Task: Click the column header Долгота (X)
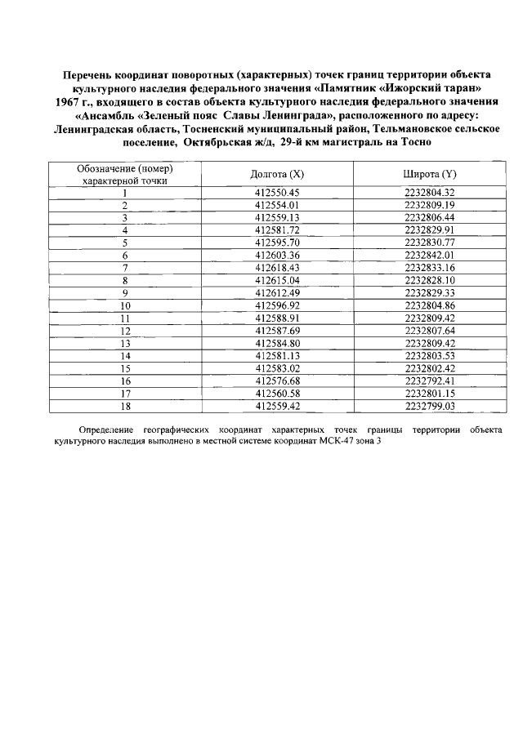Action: [277, 175]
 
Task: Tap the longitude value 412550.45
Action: [278, 193]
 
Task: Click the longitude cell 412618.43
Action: [278, 268]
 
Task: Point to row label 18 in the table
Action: [125, 405]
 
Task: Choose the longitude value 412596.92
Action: [278, 305]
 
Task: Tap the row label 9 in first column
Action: [125, 293]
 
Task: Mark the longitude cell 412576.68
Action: [278, 381]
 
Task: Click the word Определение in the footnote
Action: [106, 429]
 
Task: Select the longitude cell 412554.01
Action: [278, 205]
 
